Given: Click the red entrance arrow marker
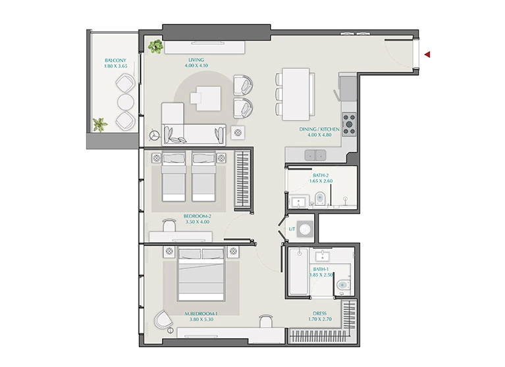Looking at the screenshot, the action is coord(427,55).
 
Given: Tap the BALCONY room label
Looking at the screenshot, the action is coord(115,60).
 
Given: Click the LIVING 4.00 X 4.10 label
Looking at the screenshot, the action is coord(196,62).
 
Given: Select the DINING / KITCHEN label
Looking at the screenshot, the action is coord(319,130).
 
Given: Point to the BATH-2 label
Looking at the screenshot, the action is coord(321,176).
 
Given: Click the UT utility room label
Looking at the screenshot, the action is coord(292,229).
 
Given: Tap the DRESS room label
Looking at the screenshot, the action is coord(319,313).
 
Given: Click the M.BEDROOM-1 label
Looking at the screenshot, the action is coord(201,314).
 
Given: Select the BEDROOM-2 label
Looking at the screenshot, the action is coord(197,216).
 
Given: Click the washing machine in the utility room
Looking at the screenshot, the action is coord(305,229).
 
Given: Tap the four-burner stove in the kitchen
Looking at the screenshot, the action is coord(349,124).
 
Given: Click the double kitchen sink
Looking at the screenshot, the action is coord(315,155).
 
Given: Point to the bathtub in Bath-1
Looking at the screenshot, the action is coord(298,271).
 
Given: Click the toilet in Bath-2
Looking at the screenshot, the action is coord(320,198).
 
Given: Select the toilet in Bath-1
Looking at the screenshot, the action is coord(342,285).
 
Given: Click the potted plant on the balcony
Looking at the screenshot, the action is coord(100,124).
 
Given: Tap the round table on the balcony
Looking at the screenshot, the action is coord(125,102).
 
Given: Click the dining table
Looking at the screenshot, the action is coord(296,94).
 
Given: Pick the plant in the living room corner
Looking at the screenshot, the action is coord(156,46).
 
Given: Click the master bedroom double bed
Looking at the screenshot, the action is coord(201,274).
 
